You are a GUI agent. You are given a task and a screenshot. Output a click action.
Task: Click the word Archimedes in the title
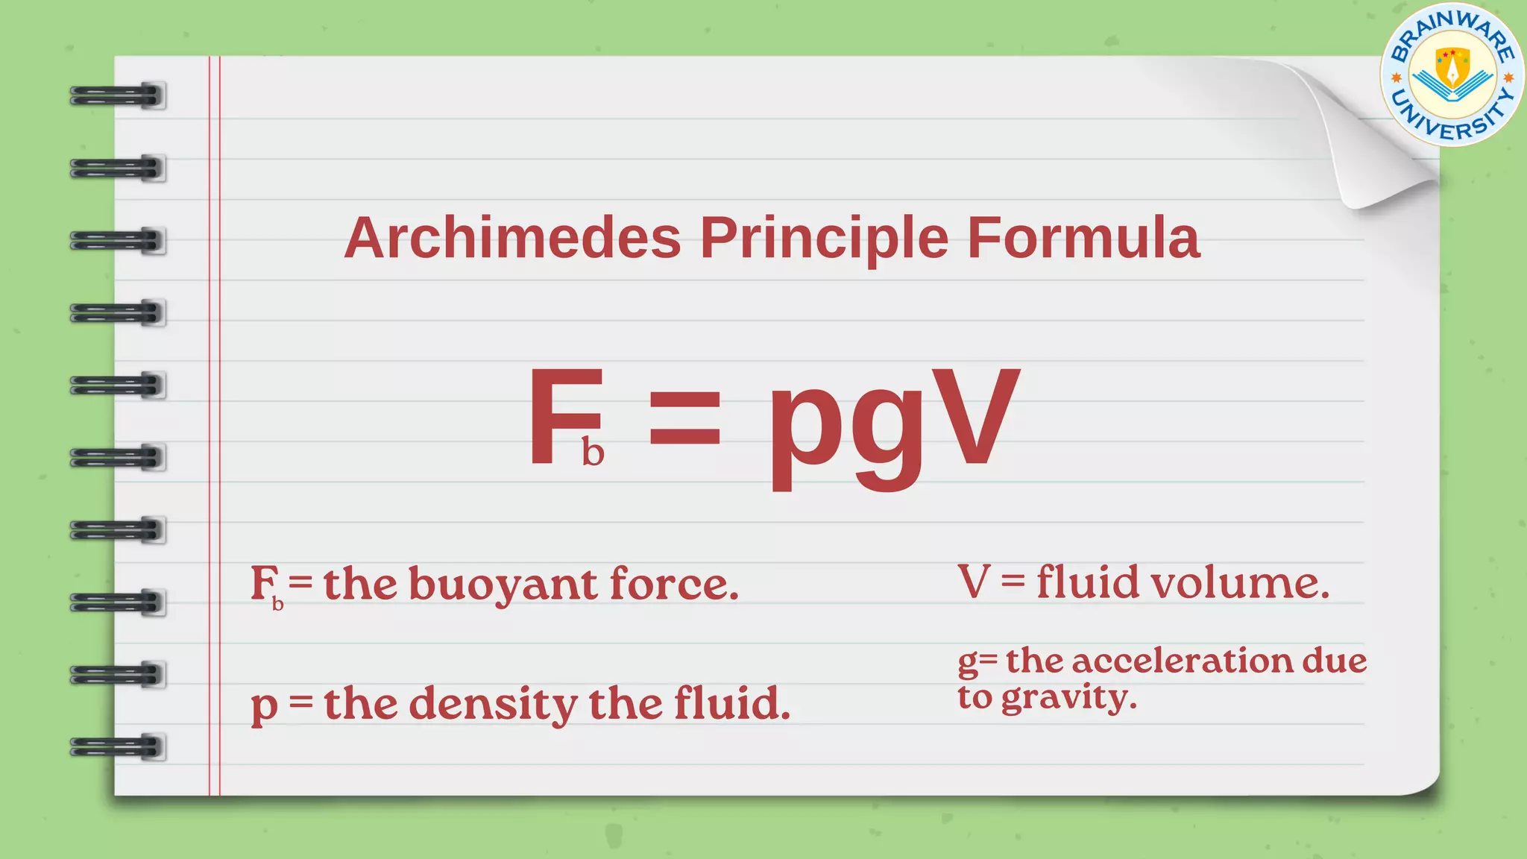[x=512, y=239]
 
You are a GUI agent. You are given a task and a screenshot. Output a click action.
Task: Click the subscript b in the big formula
[x=593, y=452]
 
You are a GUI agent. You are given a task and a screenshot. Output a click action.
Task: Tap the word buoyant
[x=503, y=584]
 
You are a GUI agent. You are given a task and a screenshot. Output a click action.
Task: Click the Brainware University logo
[x=1452, y=75]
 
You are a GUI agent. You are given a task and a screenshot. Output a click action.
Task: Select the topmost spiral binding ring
[x=118, y=95]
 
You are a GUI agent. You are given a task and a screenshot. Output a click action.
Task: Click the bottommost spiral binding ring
[x=118, y=746]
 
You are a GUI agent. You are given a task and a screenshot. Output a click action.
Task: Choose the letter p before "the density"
[x=264, y=706]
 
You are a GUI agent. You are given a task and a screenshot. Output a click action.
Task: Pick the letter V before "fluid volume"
[x=974, y=582]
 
